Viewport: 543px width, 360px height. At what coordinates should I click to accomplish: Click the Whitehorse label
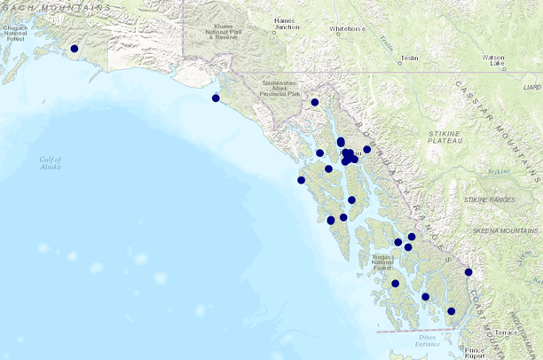coord(348,28)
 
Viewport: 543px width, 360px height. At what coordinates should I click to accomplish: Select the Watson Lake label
coord(493,60)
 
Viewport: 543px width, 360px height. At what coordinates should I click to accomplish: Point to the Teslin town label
coord(409,58)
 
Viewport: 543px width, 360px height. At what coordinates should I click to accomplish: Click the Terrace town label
coord(506,333)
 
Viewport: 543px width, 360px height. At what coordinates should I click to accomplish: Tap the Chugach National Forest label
coord(16,34)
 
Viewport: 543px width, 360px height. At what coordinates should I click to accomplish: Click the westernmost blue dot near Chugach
coord(75,49)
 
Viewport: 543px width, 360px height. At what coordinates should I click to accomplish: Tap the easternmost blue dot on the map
coord(468,272)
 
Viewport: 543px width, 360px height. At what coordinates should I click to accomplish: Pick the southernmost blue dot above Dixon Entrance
coord(452,311)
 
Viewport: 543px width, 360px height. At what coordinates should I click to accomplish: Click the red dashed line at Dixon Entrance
coord(417,331)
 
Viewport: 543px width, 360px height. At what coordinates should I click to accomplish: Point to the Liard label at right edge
coord(531,88)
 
